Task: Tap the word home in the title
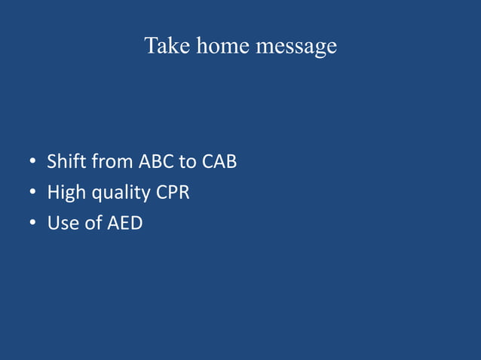point(223,46)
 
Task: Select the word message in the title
point(296,47)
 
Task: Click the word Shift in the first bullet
point(65,161)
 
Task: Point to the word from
point(111,161)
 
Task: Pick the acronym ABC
point(156,161)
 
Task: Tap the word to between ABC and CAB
point(188,161)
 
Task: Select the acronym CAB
point(219,161)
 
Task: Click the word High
point(66,193)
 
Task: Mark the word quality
point(121,194)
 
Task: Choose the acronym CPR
point(173,192)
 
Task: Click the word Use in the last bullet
point(63,224)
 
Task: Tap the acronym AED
point(124,224)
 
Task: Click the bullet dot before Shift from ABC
point(34,162)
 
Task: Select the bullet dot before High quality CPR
point(34,194)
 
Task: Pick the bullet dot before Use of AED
point(34,224)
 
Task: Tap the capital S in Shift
point(51,161)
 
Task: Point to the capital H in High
point(53,192)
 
